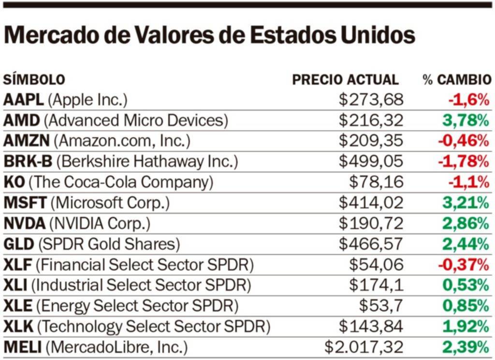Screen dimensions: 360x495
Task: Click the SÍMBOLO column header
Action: [x=34, y=80]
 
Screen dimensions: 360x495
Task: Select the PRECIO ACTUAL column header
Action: [x=345, y=80]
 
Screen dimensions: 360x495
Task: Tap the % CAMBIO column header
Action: [x=457, y=80]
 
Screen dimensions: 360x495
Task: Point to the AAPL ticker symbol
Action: [x=24, y=100]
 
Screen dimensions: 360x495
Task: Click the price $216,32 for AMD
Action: [x=371, y=120]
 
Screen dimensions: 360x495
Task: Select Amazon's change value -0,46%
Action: [x=464, y=141]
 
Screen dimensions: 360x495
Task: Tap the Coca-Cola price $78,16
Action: [x=376, y=182]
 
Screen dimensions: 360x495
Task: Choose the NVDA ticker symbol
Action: [x=25, y=223]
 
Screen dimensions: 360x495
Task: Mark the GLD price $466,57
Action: [x=371, y=244]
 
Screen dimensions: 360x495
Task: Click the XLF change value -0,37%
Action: [x=464, y=265]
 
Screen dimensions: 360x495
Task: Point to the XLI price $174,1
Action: [x=376, y=285]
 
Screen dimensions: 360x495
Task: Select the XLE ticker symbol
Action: [x=18, y=306]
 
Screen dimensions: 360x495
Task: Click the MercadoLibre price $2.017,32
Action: [x=364, y=347]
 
